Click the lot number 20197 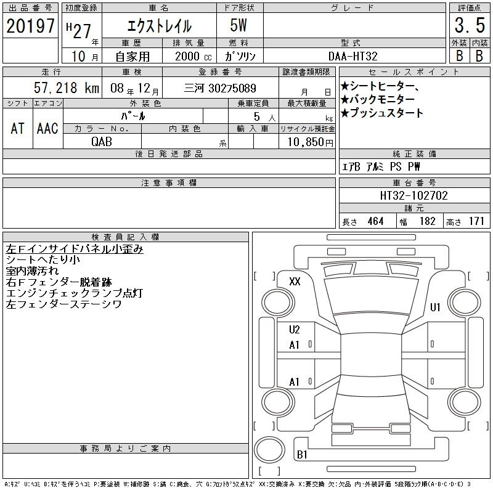tap(30, 25)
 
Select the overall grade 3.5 tap(470, 25)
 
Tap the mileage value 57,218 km tap(67, 88)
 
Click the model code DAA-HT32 tap(352, 56)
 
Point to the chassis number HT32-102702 tap(414, 195)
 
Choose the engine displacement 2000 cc tap(193, 56)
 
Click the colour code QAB tap(102, 142)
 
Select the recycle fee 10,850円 tap(311, 142)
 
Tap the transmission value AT tap(17, 128)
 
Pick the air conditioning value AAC tap(47, 128)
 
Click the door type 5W tap(238, 25)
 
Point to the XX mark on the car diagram tap(295, 281)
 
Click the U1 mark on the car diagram tap(435, 307)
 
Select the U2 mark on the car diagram tap(295, 330)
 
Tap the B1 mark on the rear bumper tap(302, 454)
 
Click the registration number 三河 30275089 tap(220, 88)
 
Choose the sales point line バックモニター tap(378, 100)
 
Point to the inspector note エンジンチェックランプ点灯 tap(75, 293)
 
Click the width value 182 tap(427, 221)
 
